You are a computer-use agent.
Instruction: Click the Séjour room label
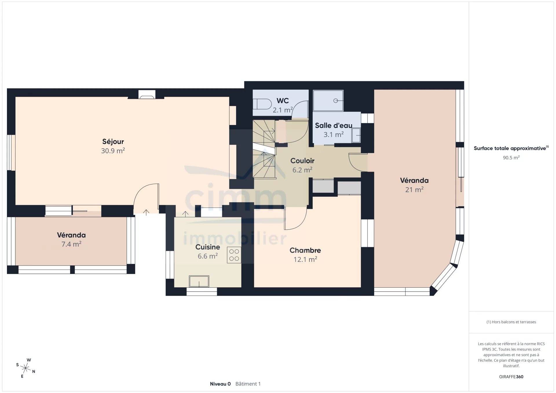113,142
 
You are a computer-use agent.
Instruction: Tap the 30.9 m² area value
113,151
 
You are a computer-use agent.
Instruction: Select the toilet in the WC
262,104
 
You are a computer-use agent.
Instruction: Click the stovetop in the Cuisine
234,255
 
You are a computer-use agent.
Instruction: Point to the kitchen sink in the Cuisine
199,281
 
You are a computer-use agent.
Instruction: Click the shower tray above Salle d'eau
328,100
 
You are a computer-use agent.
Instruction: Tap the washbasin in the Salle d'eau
356,135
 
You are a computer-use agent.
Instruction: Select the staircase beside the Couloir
264,149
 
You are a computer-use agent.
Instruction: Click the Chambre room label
305,250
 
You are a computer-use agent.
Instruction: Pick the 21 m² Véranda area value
414,190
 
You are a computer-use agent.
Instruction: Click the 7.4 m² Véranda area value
71,244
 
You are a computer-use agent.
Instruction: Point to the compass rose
25,368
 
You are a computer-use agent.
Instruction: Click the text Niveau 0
220,384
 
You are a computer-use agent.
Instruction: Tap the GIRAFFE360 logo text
511,377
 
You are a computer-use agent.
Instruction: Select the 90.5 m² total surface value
511,158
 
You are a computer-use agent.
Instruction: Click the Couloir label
302,161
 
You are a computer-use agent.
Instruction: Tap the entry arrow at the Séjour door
146,212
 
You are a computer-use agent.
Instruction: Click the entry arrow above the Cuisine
185,214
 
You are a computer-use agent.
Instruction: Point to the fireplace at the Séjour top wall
147,95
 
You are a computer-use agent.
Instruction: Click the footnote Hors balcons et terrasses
511,322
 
